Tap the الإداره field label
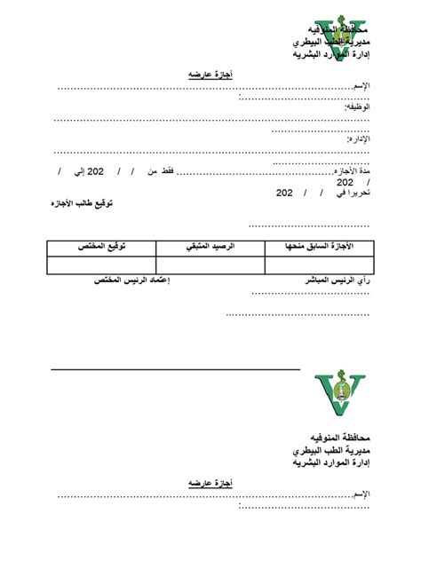coord(357,140)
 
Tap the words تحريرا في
coord(350,192)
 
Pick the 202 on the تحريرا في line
coord(285,192)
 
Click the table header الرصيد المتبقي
coord(210,246)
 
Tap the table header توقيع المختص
coord(100,246)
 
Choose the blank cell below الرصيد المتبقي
coord(210,265)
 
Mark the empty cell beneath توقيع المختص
coord(100,265)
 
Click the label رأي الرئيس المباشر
coord(337,280)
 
